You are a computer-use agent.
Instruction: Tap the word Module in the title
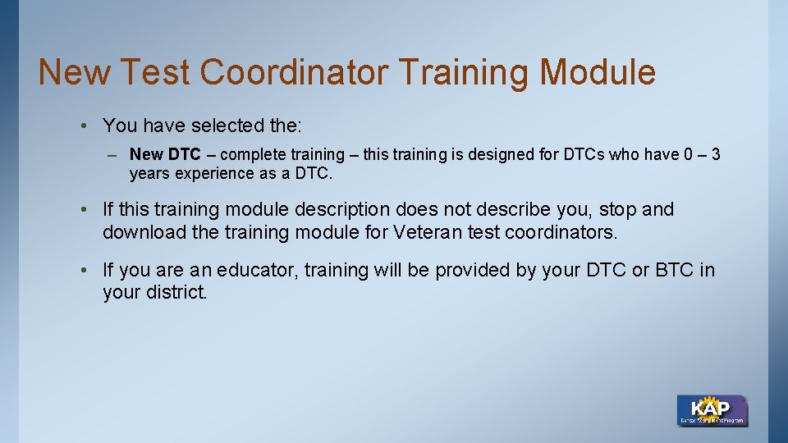coord(598,72)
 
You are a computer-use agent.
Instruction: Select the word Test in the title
coord(153,72)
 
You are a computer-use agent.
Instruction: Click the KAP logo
coord(712,410)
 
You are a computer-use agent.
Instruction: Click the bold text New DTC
coord(164,154)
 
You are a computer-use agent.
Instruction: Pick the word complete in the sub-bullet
coord(251,154)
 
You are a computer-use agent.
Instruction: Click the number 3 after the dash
coord(716,154)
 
